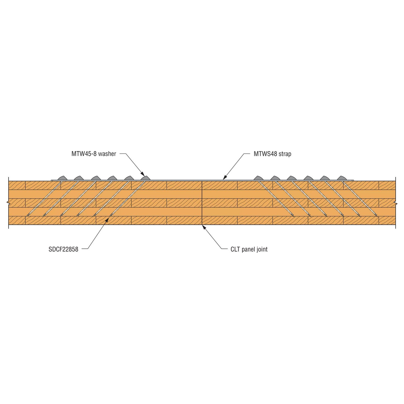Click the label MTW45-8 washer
94,154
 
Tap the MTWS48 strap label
272,154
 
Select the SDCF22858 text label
63,249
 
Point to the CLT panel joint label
249,249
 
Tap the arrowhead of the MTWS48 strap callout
225,178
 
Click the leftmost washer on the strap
62,178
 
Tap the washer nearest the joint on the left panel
145,178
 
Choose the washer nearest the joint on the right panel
259,178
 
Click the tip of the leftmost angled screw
27,215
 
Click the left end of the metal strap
51,180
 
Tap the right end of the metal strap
353,180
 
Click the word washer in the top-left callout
107,154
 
